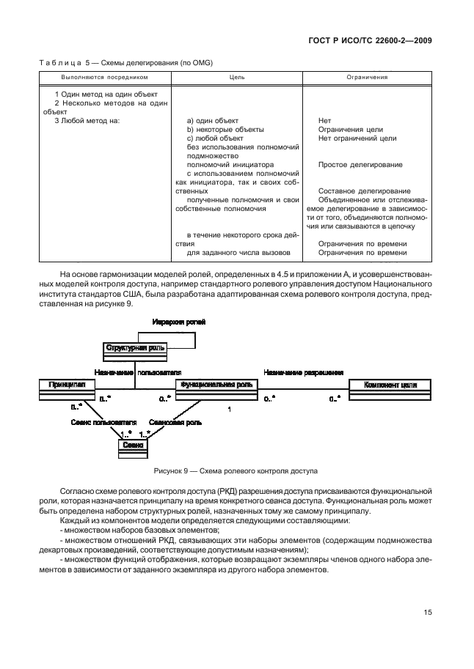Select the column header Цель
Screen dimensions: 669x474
(x=237, y=76)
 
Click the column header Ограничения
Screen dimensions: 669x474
(x=367, y=76)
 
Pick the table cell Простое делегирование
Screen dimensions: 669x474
(x=360, y=165)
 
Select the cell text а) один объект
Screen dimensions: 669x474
(x=213, y=120)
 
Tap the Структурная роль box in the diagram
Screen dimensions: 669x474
(x=136, y=348)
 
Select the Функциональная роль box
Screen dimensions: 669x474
(x=216, y=385)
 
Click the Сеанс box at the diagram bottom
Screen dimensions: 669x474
(x=133, y=446)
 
